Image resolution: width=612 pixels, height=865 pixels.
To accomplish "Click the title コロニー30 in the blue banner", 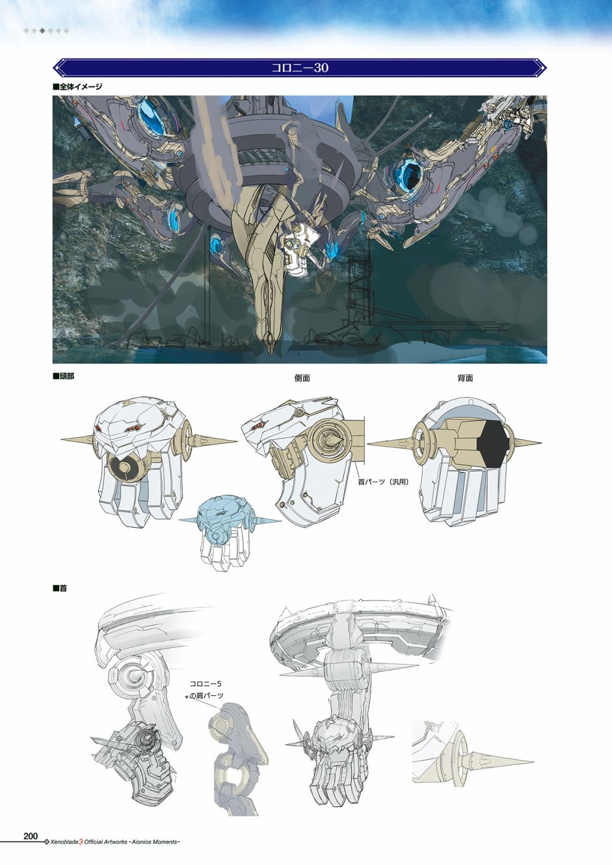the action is click(x=300, y=68).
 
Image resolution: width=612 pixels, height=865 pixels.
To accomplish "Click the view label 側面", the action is click(x=302, y=378).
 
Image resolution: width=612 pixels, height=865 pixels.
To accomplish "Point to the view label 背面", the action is click(x=465, y=378).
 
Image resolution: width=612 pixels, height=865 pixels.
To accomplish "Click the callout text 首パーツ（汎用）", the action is click(x=383, y=482).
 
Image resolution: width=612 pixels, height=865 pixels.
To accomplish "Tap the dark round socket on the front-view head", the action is click(x=124, y=469).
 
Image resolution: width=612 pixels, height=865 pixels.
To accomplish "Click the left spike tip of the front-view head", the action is click(x=61, y=439).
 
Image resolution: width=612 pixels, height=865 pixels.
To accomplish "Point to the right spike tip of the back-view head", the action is click(x=541, y=443).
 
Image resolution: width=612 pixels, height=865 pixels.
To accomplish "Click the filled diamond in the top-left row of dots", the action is click(x=42, y=31).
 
